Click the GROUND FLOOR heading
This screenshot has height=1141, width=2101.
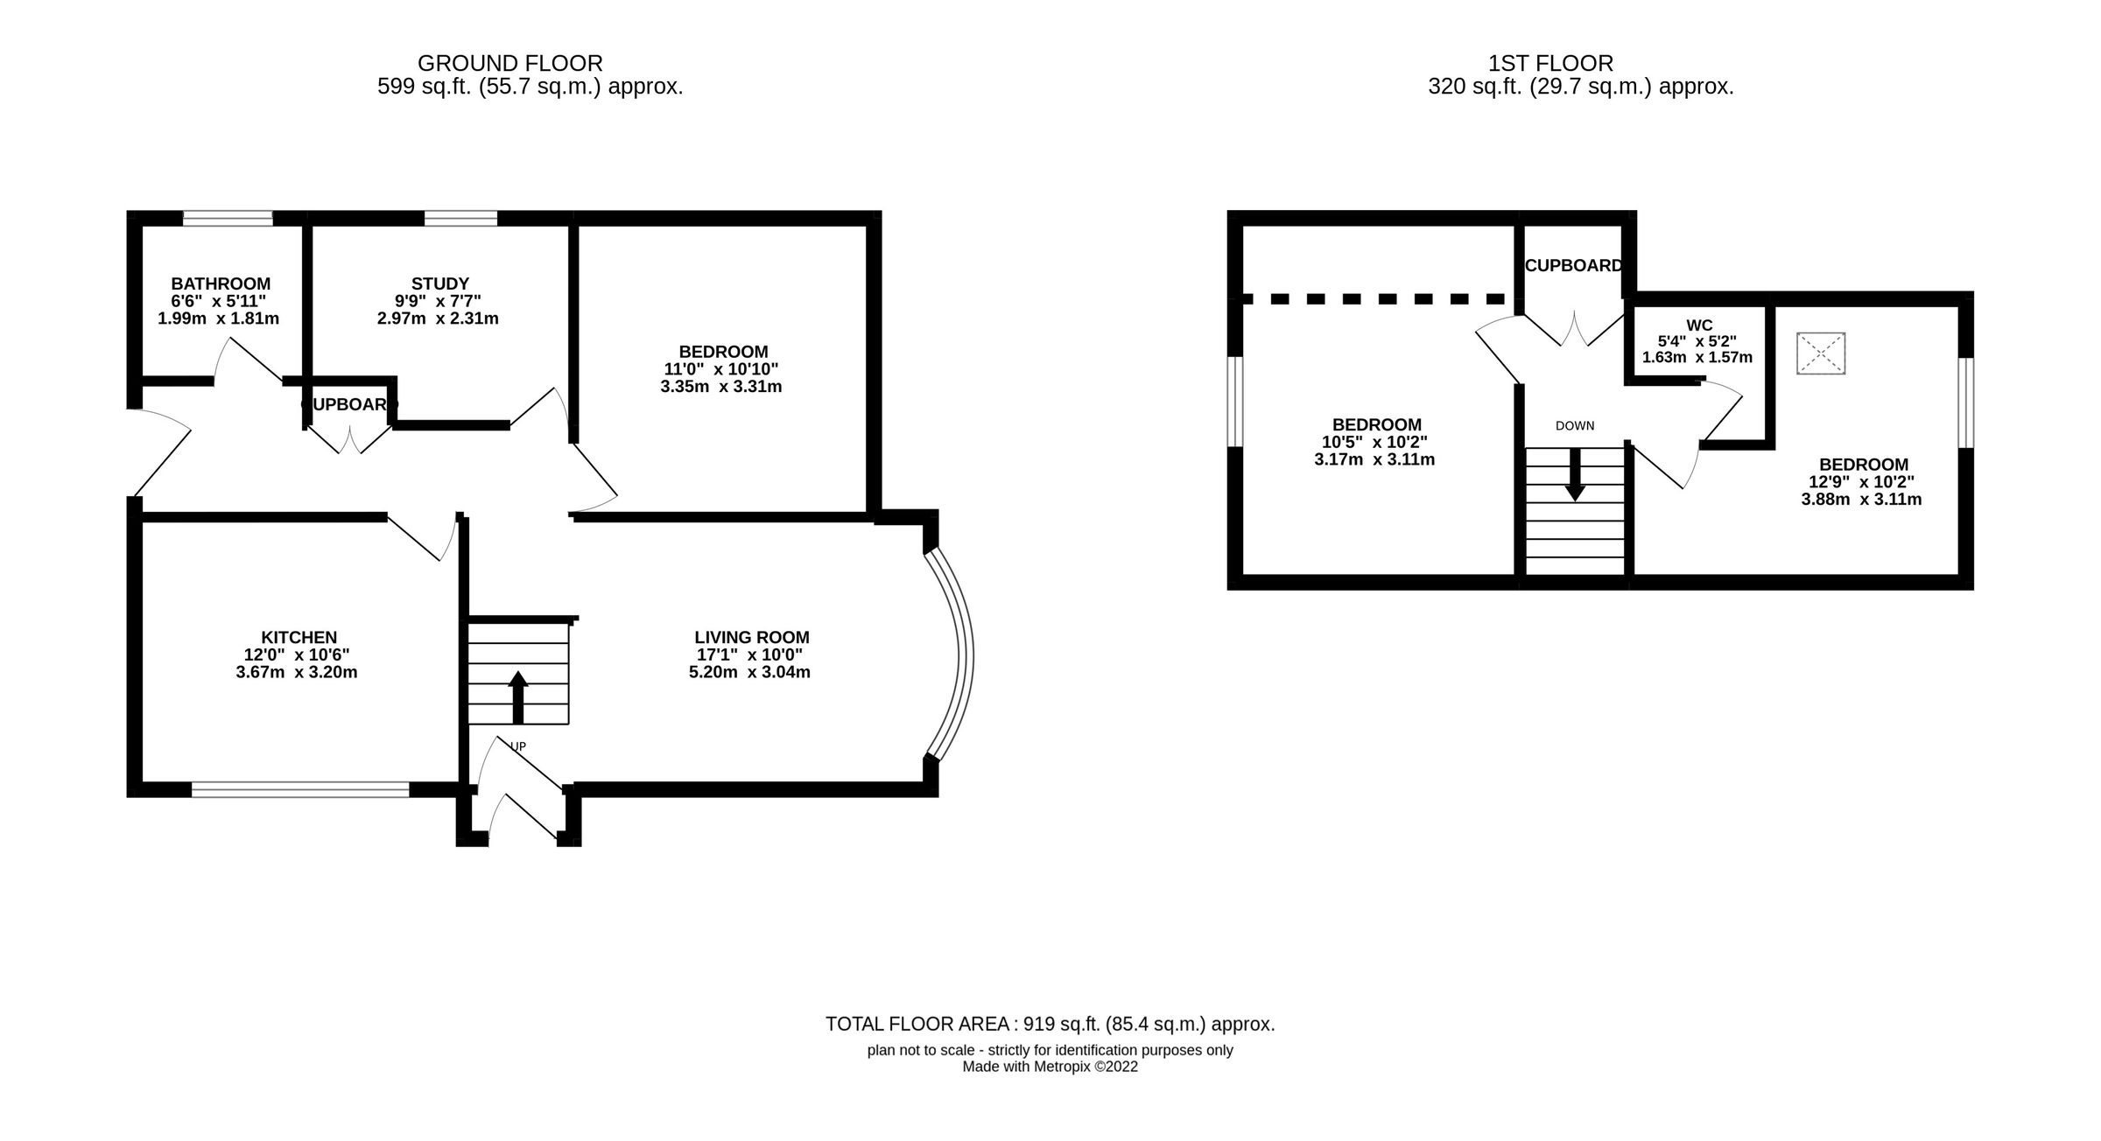pos(509,63)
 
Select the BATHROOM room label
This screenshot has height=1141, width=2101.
pos(221,283)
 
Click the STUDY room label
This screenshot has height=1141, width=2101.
pos(440,283)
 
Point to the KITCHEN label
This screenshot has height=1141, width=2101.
pos(299,637)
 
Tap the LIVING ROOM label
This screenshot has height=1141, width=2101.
pos(751,637)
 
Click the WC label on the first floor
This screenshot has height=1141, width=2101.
pos(1698,325)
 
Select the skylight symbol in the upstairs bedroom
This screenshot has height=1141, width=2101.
pos(1821,353)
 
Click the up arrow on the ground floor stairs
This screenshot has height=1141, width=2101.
pos(517,696)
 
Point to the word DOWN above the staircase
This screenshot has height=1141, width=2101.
pos(1575,426)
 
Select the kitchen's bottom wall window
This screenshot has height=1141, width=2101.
pos(300,789)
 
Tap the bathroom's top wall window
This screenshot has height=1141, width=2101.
pos(228,218)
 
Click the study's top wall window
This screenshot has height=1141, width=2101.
pos(460,218)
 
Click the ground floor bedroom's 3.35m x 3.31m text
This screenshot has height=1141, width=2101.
pos(720,386)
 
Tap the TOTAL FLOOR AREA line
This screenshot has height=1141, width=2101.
pos(1050,1024)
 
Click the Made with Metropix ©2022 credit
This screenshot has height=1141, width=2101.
pos(1050,1067)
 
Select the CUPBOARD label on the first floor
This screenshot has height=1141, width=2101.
pos(1573,265)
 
